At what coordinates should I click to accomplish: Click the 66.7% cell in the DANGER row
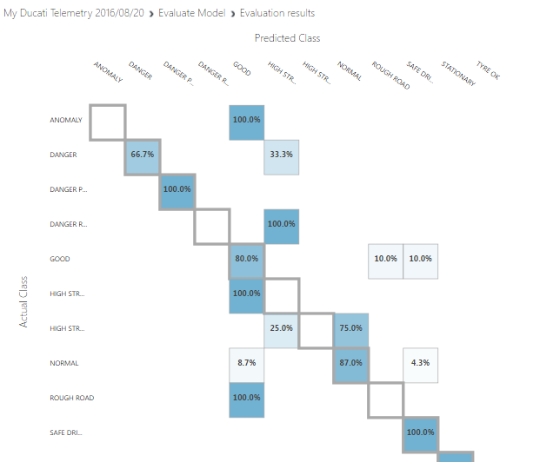coord(143,155)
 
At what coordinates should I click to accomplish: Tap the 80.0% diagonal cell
coord(246,260)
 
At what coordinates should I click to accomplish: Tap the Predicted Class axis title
coord(287,38)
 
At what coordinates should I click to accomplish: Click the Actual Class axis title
coord(24,301)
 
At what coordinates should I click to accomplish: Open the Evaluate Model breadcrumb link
coord(191,13)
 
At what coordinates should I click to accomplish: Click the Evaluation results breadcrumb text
coord(277,13)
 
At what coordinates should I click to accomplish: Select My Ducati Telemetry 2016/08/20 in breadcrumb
coord(75,13)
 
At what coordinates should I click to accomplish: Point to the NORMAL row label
coord(64,364)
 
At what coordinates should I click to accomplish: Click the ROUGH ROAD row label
coord(71,399)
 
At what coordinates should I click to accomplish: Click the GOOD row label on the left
coord(60,260)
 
